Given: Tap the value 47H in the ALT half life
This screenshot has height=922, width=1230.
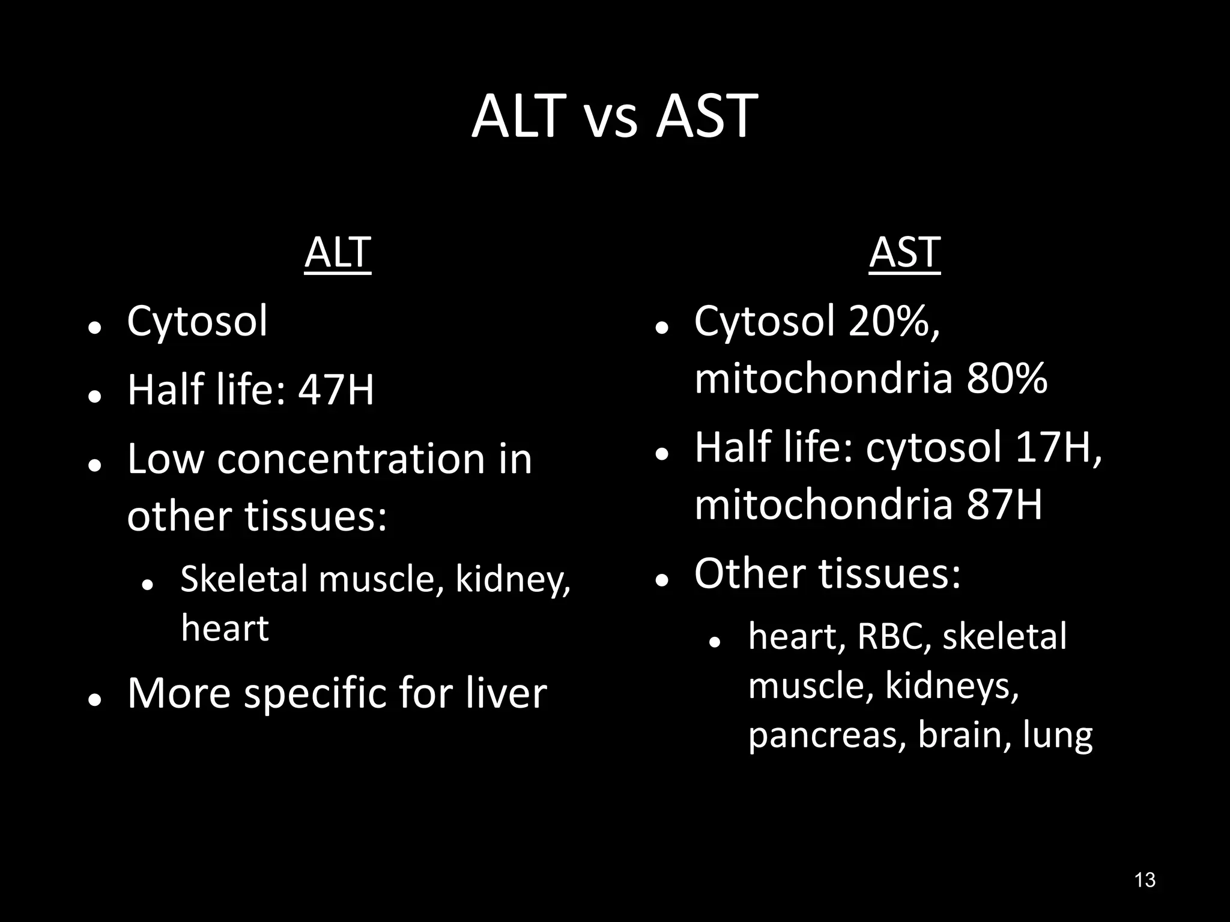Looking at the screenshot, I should (336, 390).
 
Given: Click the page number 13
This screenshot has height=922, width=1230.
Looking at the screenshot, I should (1145, 880).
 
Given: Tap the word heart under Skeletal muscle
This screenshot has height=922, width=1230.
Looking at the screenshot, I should (225, 628).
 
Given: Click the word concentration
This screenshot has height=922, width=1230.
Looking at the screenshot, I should (351, 459).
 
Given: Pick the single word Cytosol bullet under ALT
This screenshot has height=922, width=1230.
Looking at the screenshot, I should (197, 321).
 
